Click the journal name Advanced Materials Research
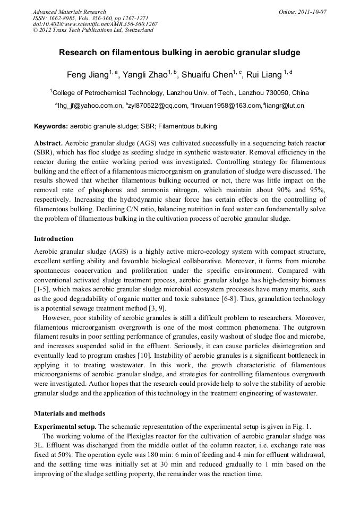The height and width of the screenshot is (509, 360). [69, 12]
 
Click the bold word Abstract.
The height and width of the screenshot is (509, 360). [48, 144]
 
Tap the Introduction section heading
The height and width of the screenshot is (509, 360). [54, 239]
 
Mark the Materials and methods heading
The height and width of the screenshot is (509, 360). [70, 413]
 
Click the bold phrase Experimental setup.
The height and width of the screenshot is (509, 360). [65, 427]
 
